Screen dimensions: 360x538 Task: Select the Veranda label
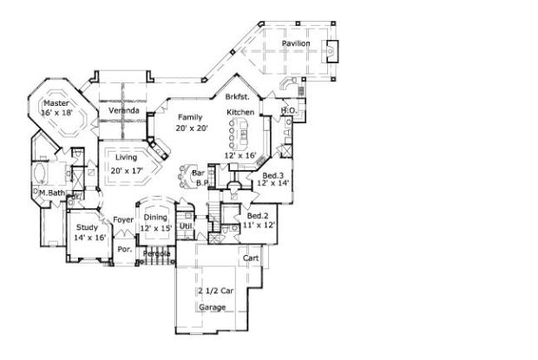coord(124,111)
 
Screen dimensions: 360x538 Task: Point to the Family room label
coord(191,116)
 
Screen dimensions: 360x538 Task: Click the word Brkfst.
coord(238,98)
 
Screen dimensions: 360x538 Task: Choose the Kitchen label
coord(240,113)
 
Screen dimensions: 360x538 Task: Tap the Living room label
coord(126,157)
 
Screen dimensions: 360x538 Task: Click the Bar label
coord(197,173)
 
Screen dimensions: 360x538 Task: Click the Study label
coord(87,227)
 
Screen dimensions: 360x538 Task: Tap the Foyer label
coord(123,219)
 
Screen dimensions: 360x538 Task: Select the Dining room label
coord(156,218)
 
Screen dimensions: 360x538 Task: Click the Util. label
coord(187,226)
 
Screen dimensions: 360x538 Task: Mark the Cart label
coord(251,259)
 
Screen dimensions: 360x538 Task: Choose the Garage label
coord(213,307)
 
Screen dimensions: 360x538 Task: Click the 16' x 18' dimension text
coord(58,113)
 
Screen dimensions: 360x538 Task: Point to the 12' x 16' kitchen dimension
coord(239,155)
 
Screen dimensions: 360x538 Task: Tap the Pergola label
coord(157,253)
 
